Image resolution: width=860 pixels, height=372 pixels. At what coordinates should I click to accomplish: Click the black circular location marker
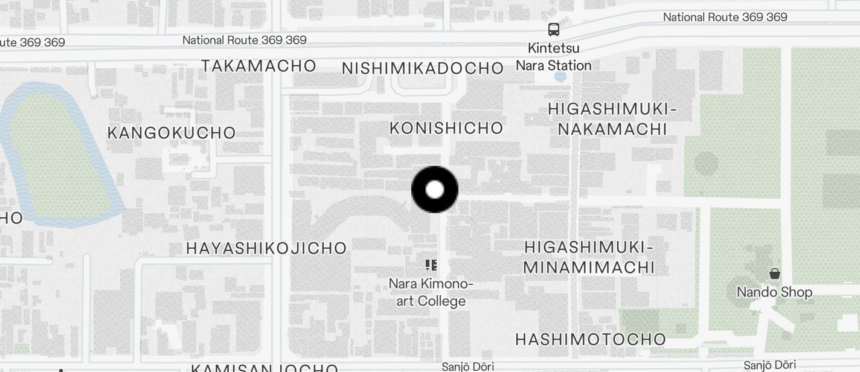click(x=435, y=190)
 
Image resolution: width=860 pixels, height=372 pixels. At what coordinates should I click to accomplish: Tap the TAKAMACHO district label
click(x=258, y=66)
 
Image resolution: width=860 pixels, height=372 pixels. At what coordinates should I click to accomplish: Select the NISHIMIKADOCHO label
click(x=423, y=68)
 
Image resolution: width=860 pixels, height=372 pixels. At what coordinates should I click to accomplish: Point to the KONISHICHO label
click(x=446, y=128)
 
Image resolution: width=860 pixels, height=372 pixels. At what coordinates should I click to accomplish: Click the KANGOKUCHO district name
click(x=172, y=133)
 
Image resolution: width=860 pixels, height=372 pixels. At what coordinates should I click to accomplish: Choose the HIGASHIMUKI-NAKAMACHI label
click(x=612, y=119)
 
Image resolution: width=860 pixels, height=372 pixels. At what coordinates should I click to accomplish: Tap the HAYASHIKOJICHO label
click(x=266, y=248)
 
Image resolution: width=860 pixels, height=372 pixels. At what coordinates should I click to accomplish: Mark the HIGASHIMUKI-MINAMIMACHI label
click(x=589, y=257)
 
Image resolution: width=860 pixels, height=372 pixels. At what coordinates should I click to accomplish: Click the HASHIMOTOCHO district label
click(x=590, y=339)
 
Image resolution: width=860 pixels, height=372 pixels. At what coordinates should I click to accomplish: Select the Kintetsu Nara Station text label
click(x=554, y=57)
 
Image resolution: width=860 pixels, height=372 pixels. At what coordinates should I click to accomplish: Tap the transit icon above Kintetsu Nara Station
click(x=553, y=29)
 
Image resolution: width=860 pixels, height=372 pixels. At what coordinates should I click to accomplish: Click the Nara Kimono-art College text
click(x=431, y=292)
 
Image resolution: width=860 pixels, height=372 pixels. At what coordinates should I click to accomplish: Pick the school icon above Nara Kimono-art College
click(x=431, y=265)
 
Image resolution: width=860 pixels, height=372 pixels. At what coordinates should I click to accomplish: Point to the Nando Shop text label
click(x=774, y=292)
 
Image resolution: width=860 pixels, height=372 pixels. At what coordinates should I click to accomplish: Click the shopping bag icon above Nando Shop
click(x=775, y=274)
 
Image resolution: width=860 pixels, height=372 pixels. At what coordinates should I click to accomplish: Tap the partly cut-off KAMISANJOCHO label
click(x=265, y=367)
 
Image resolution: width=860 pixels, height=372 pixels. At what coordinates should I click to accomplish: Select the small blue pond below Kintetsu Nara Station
click(x=560, y=77)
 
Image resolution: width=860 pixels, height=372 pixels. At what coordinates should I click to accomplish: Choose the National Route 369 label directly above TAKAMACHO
click(x=245, y=40)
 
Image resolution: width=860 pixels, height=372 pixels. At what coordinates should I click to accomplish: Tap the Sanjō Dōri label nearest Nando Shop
click(x=769, y=365)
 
